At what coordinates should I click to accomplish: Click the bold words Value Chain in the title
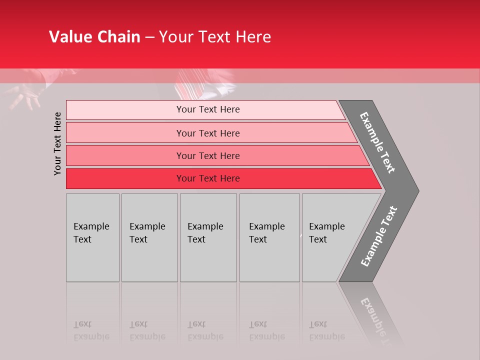pyautogui.click(x=94, y=37)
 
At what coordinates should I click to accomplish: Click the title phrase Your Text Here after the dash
pyautogui.click(x=215, y=37)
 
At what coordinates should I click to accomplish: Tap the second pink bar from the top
pyautogui.click(x=208, y=133)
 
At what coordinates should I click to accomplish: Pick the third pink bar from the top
pyautogui.click(x=208, y=155)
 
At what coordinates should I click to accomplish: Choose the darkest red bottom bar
pyautogui.click(x=208, y=178)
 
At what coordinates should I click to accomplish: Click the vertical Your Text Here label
pyautogui.click(x=57, y=143)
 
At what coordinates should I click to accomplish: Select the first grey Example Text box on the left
pyautogui.click(x=92, y=237)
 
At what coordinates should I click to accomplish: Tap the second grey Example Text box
pyautogui.click(x=149, y=237)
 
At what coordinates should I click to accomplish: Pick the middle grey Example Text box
pyautogui.click(x=208, y=237)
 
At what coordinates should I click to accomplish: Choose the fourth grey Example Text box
pyautogui.click(x=269, y=237)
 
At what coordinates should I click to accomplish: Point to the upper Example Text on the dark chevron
pyautogui.click(x=377, y=142)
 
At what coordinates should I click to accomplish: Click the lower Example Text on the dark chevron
pyautogui.click(x=378, y=236)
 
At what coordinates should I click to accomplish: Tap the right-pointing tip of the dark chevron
pyautogui.click(x=416, y=190)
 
